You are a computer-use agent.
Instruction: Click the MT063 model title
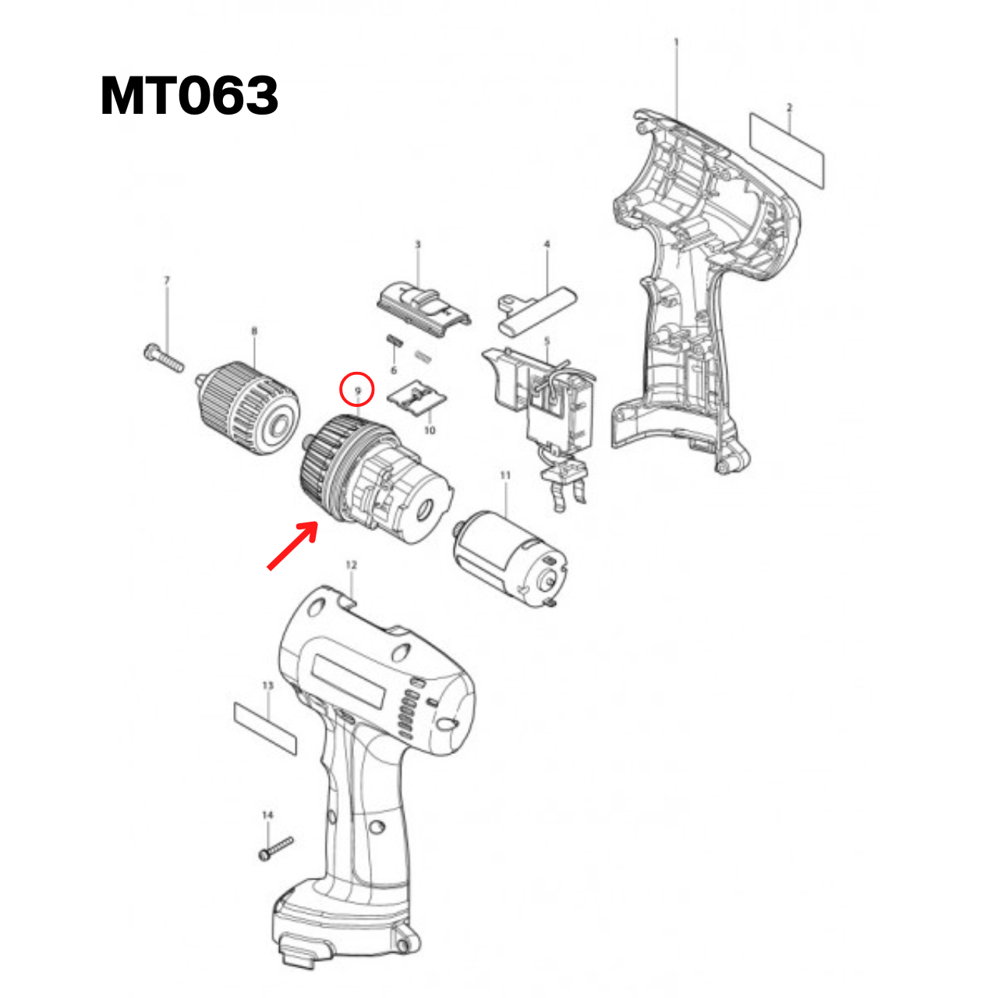pos(189,96)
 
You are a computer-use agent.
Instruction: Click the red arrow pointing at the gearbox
pos(292,546)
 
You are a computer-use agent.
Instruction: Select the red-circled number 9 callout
pos(358,389)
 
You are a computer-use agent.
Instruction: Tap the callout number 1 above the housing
pos(676,41)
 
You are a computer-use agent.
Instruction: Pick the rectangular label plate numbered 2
pos(787,150)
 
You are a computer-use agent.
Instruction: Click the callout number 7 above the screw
pos(166,280)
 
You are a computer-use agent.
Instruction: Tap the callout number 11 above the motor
pos(505,475)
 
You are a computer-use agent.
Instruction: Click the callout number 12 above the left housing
pos(351,564)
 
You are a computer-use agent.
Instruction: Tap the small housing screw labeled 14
pos(276,848)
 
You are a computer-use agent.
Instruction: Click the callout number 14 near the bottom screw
pos(267,815)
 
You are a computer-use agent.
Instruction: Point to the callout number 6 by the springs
pos(393,370)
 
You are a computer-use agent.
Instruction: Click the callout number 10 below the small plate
pos(430,430)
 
